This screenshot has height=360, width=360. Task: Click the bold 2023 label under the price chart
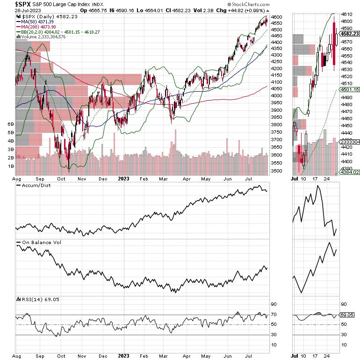coord(123,178)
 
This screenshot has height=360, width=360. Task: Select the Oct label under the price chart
coord(61,178)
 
